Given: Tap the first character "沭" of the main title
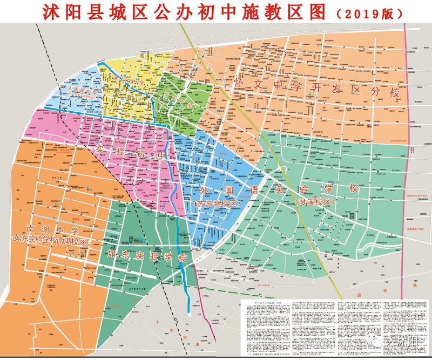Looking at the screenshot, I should [x=43, y=12].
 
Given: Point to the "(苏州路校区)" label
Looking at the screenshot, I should [x=215, y=204].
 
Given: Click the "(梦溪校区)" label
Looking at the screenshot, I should [x=316, y=201].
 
